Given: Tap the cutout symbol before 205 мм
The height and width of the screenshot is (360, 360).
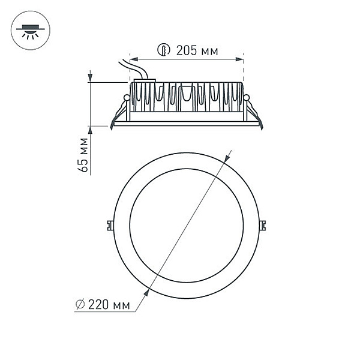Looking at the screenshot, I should point(163,50).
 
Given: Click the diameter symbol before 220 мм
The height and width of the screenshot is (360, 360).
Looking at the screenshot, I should point(80,305).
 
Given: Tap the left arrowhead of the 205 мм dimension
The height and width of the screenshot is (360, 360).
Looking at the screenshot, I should point(133,59).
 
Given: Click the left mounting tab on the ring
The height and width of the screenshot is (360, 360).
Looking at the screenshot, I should point(110,224).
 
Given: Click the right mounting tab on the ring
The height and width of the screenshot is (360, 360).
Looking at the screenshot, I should point(262,224).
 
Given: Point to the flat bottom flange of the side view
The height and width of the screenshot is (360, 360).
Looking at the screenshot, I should point(186,124).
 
